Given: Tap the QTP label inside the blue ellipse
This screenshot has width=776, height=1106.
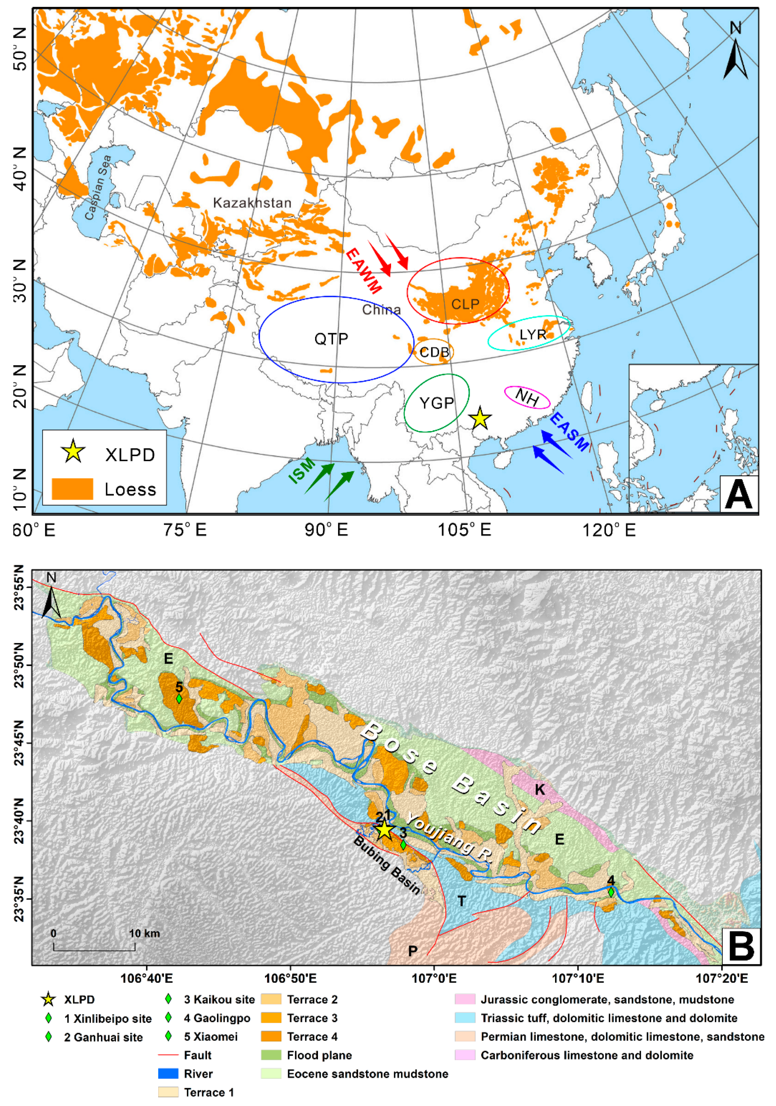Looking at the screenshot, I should [x=331, y=339].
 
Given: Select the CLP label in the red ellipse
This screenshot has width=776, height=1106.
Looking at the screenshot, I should [x=465, y=304].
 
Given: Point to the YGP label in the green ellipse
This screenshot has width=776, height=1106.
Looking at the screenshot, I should [x=436, y=403].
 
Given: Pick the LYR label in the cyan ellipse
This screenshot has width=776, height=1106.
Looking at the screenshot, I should [x=533, y=334].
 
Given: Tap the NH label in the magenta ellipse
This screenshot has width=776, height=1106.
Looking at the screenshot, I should [x=527, y=397].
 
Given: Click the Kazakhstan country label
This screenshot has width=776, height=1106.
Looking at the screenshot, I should [x=252, y=203].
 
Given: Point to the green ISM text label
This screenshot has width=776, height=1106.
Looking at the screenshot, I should [x=302, y=471].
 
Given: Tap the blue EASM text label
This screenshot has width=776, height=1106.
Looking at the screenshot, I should [x=569, y=432].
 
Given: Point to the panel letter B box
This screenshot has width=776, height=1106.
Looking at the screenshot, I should [x=740, y=946].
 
